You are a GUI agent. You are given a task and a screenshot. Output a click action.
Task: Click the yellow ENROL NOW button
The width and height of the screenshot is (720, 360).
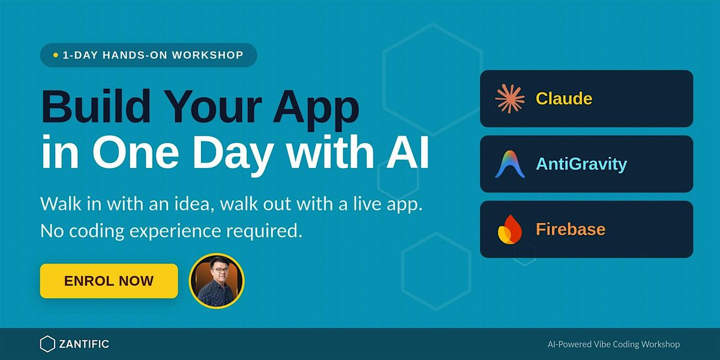(109, 281)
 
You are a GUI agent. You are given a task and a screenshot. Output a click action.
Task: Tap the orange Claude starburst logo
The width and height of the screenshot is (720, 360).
(510, 98)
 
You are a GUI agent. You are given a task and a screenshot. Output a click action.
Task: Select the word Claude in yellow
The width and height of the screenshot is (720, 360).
(564, 98)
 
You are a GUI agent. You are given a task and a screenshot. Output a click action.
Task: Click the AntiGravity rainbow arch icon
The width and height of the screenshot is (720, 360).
(510, 164)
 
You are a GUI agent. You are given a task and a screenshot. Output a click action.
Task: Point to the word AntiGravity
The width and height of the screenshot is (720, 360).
(581, 164)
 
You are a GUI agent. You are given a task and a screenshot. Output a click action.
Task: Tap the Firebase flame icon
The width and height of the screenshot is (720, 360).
(510, 229)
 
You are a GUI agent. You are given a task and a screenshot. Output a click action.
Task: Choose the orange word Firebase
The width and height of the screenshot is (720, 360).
(571, 229)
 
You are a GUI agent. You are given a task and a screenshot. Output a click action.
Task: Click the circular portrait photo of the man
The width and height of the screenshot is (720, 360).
(217, 281)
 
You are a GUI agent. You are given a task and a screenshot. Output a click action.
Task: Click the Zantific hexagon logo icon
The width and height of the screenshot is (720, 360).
(47, 344)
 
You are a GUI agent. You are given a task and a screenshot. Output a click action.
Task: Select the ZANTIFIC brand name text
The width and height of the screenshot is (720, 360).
(84, 344)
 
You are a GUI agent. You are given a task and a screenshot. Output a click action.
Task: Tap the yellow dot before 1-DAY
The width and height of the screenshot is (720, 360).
(56, 55)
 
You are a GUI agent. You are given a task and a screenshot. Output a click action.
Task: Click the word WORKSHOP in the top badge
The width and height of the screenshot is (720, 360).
(208, 55)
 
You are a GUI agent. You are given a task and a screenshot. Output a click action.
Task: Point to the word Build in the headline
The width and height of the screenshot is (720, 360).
(96, 106)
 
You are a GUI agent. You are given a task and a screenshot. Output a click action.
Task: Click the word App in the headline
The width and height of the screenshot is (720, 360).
(316, 110)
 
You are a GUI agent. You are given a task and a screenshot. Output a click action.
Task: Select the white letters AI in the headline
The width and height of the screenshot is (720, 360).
(408, 151)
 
